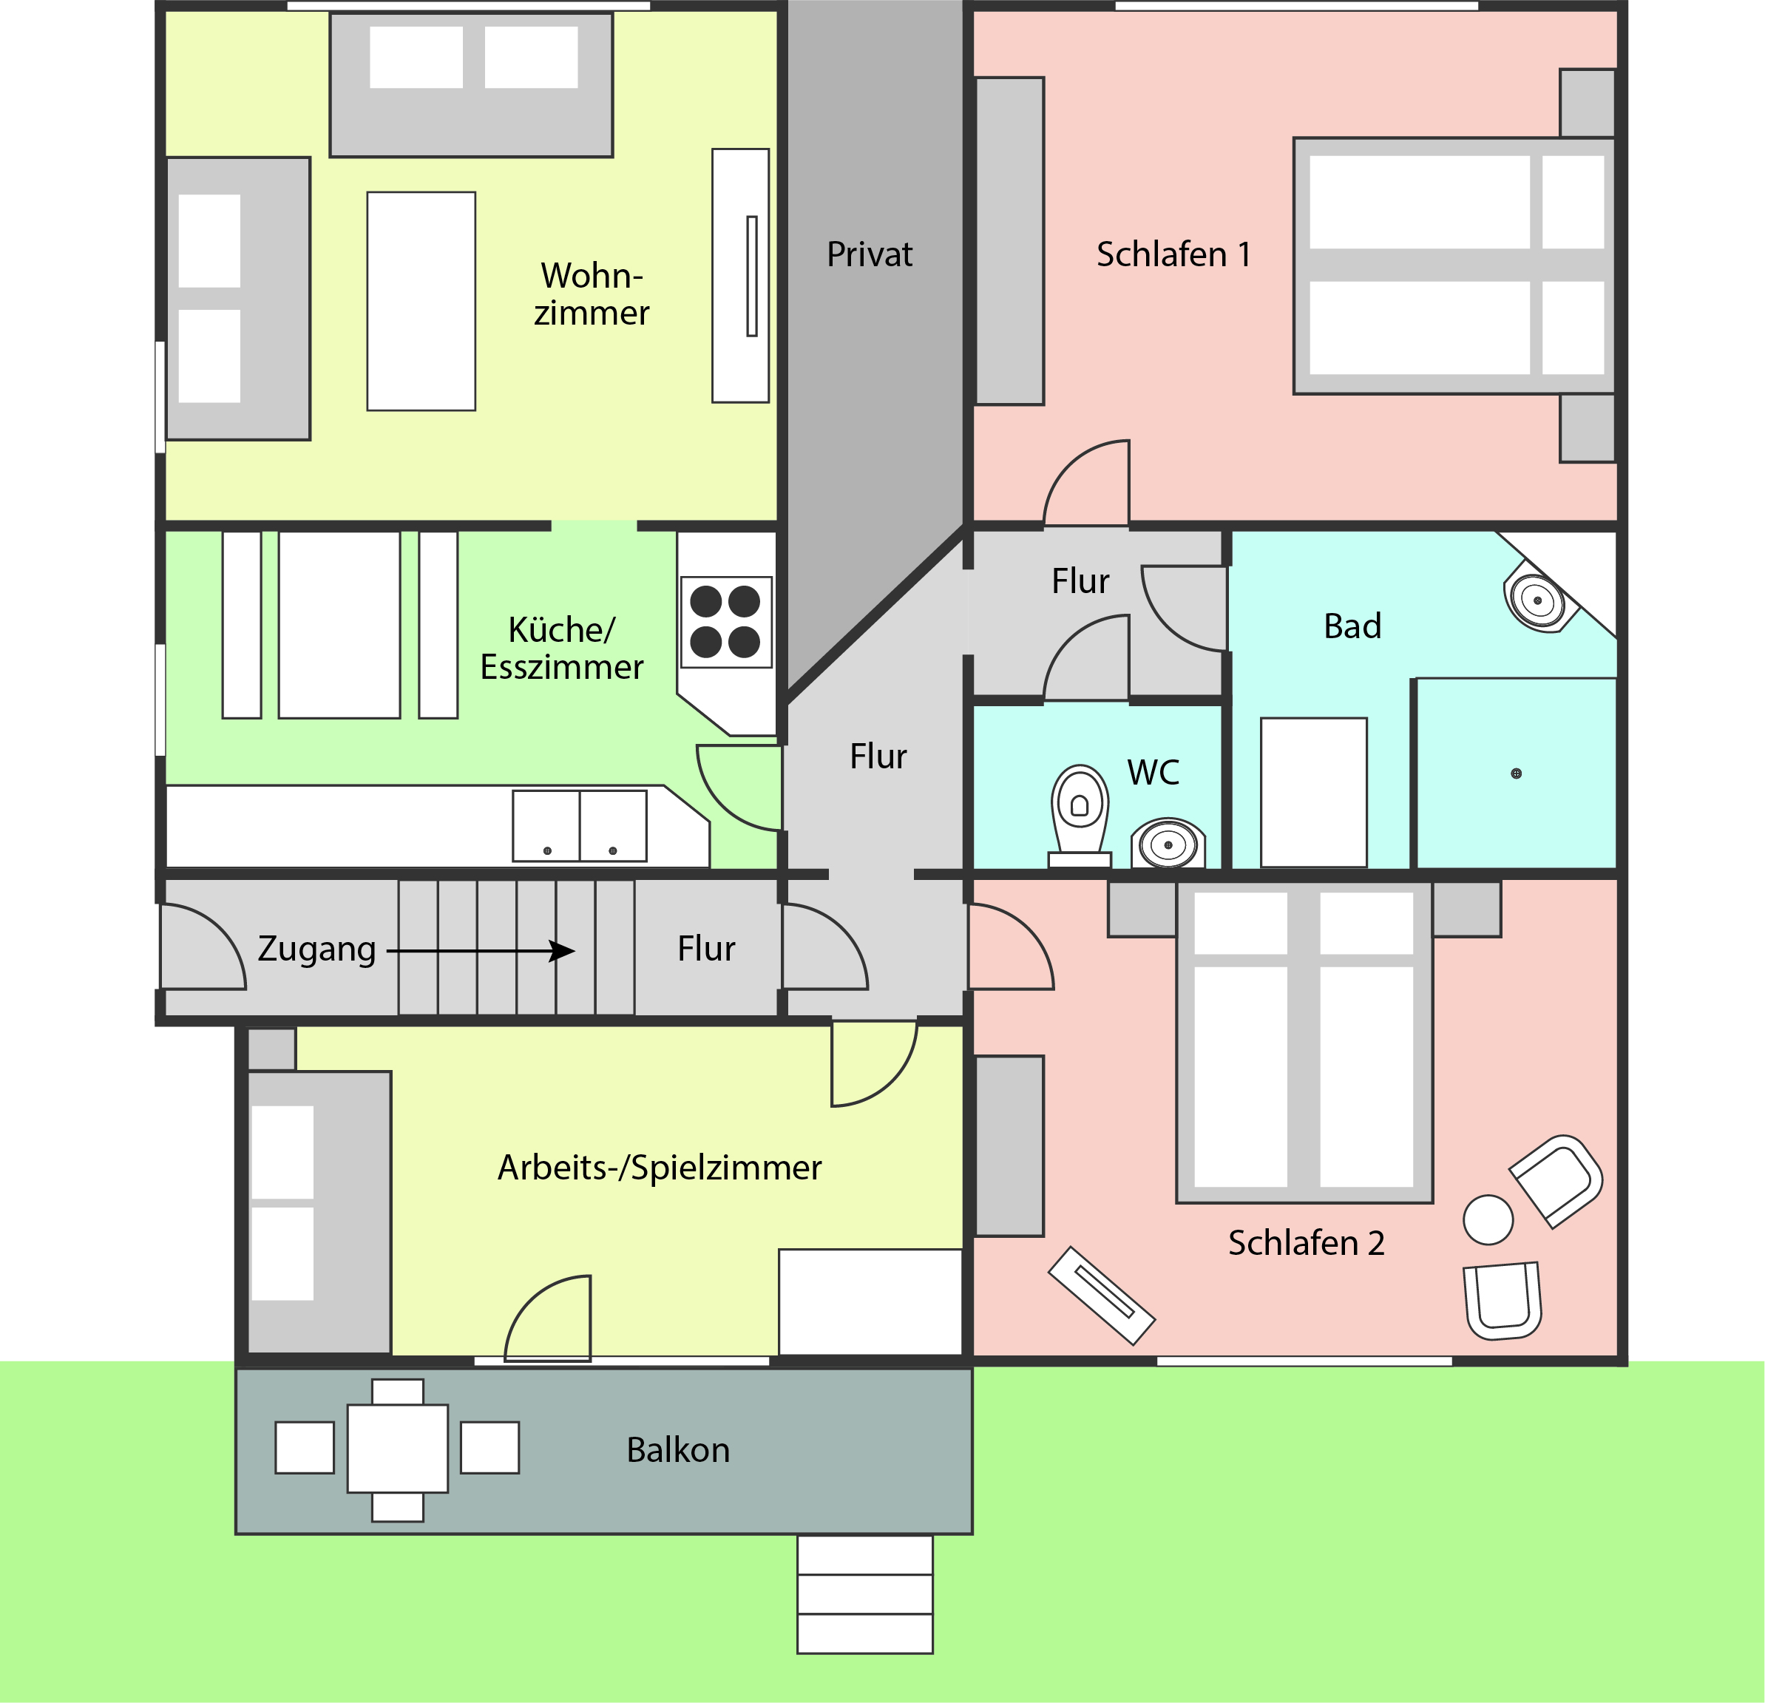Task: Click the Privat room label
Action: tap(869, 255)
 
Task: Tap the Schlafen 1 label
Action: tap(1173, 255)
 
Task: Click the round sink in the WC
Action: tap(1168, 844)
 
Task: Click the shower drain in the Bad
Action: tap(1517, 773)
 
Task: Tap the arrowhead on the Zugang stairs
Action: tap(563, 951)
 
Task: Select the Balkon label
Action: tap(678, 1450)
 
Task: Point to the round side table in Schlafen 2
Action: tap(1488, 1220)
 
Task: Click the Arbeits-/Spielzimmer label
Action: tap(660, 1168)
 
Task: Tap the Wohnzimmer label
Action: tap(592, 294)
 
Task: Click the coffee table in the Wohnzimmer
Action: tap(421, 301)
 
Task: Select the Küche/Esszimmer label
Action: tap(562, 649)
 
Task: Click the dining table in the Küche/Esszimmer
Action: tap(339, 625)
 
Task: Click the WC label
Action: tap(1153, 773)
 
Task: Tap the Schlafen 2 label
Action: tap(1307, 1244)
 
